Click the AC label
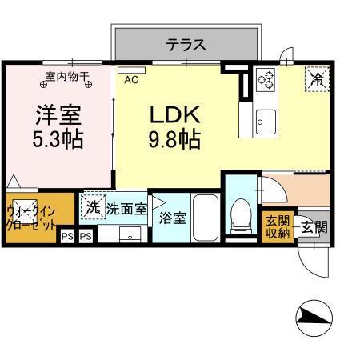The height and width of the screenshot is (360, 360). tap(130, 80)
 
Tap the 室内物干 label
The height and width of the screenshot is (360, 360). tap(67, 78)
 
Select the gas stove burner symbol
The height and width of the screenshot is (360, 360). tap(265, 80)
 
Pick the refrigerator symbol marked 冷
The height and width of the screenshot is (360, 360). tap(317, 78)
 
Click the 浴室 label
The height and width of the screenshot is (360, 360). tap(172, 216)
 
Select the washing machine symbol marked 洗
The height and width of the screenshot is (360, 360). tap(93, 206)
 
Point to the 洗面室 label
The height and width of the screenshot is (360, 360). tap(127, 209)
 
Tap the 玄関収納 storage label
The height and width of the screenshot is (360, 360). tap(277, 226)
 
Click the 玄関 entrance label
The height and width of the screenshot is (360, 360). tap(311, 227)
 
